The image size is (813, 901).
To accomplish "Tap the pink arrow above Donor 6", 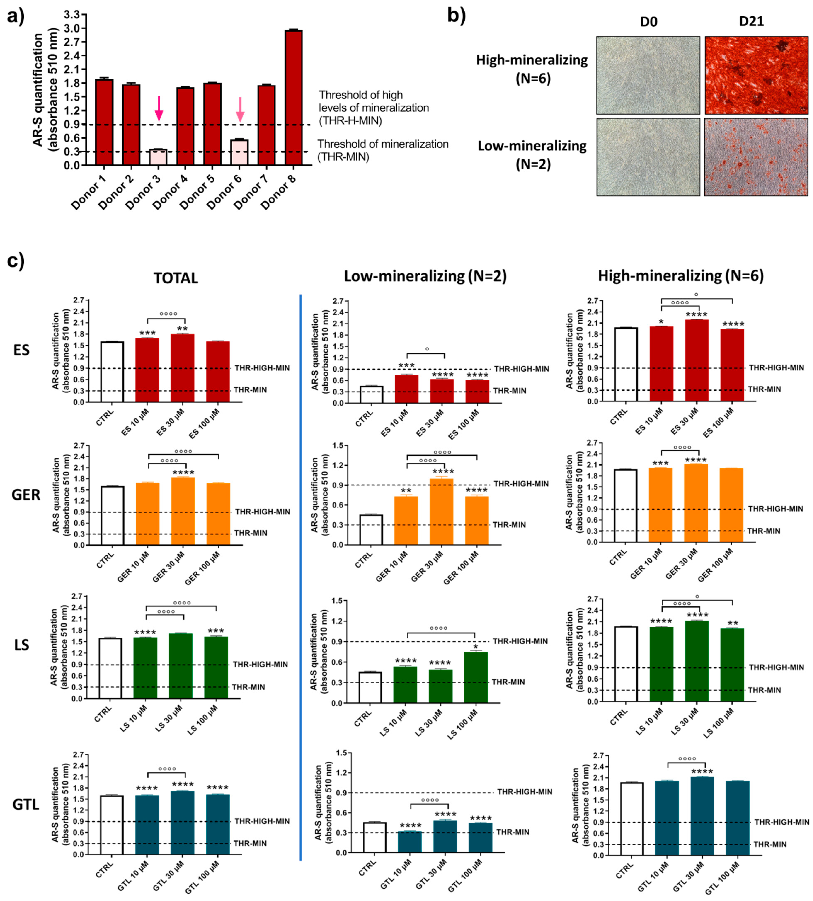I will coord(240,109).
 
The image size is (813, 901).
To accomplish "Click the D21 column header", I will coord(751,21).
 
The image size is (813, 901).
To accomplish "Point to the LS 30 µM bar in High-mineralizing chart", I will coord(696,661).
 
